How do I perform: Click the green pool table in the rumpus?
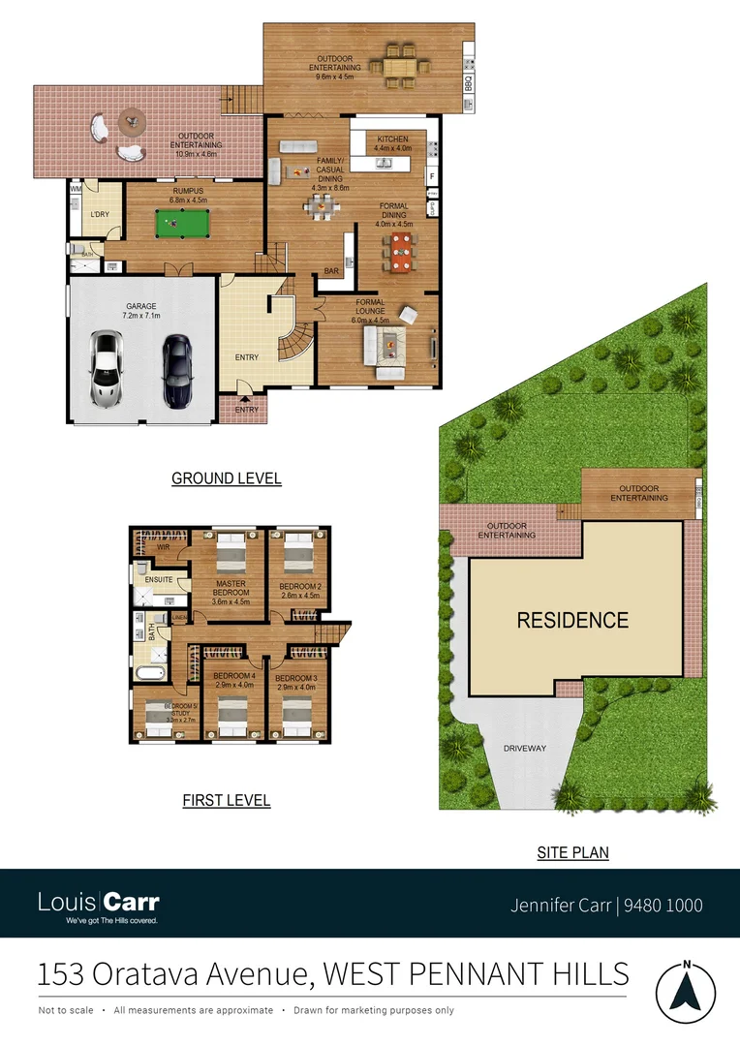[x=181, y=225]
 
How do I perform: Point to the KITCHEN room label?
[x=392, y=139]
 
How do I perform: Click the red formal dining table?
[x=401, y=251]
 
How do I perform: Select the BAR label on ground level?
[x=332, y=272]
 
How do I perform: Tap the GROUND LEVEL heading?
[x=226, y=478]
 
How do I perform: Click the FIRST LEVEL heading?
[x=226, y=801]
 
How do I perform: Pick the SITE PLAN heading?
[x=572, y=853]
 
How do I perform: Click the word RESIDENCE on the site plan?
[x=572, y=621]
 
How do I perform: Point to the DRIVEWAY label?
[x=525, y=749]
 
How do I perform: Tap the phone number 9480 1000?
[x=663, y=906]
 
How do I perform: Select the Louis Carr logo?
[x=99, y=906]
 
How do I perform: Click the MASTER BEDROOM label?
[x=231, y=587]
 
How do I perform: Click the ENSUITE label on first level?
[x=158, y=580]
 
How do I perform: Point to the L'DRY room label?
[x=99, y=213]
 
